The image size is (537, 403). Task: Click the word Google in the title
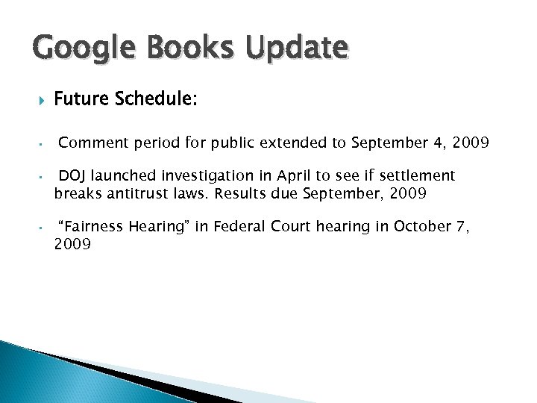tap(76, 50)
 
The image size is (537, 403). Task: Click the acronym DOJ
tap(72, 175)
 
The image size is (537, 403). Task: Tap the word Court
tap(290, 227)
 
